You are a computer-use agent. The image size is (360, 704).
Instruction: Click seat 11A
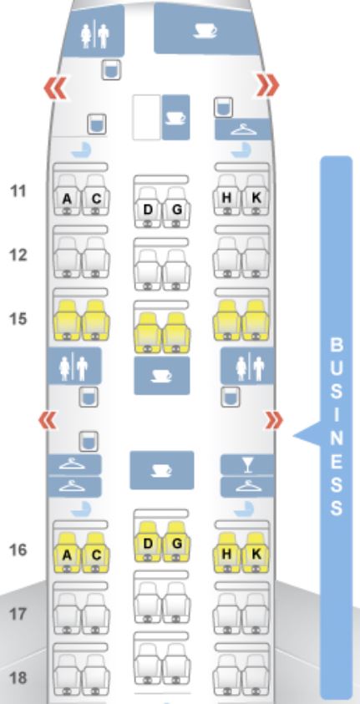(67, 195)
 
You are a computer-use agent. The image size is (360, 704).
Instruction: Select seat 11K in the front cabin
(256, 195)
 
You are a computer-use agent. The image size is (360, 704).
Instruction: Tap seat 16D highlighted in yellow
(148, 541)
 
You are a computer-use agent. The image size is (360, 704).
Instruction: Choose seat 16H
(226, 552)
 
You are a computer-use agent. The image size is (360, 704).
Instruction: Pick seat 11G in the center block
(176, 207)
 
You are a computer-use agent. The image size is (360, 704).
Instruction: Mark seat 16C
(95, 552)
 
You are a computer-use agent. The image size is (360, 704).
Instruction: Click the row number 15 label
(18, 319)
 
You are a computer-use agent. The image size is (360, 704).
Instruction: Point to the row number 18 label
(18, 677)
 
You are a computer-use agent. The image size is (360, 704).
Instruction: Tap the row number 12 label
(18, 255)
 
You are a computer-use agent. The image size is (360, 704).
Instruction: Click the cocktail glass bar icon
(247, 464)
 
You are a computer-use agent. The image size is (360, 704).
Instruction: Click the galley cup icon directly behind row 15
(161, 376)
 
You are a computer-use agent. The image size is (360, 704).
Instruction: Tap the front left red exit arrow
(56, 88)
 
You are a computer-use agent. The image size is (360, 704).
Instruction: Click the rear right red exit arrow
(274, 421)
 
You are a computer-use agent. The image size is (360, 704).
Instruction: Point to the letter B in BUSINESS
(337, 345)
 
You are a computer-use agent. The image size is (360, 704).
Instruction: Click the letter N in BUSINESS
(337, 438)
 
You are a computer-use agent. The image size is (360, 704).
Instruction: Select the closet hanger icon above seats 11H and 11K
(243, 129)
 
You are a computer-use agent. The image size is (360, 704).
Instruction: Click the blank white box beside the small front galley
(146, 117)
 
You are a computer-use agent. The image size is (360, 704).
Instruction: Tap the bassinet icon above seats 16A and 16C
(81, 509)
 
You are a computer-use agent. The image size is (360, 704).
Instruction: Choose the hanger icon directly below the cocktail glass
(247, 487)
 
